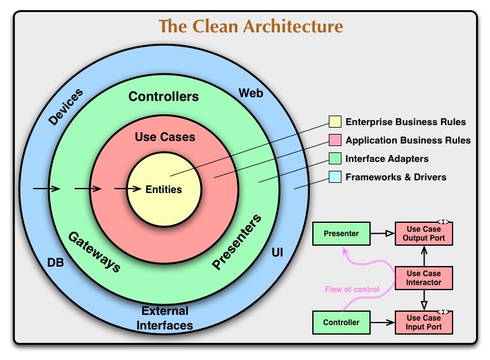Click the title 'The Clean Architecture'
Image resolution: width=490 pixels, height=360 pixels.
pos(251,27)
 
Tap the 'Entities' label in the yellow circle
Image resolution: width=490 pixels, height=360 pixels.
pos(164,189)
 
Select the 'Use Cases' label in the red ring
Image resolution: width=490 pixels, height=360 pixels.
pos(165,137)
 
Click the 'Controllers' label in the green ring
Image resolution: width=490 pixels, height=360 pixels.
pos(164,97)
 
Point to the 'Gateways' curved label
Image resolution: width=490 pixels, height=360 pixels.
pos(94,251)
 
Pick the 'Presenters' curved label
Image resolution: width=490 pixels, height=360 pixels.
pos(236,243)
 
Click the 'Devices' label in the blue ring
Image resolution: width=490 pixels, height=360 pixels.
pos(65,107)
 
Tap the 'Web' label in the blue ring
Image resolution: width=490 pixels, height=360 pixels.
pos(251,94)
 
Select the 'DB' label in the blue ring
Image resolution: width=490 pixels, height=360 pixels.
pos(56,261)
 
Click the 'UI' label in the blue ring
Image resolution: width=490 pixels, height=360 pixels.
pos(277,253)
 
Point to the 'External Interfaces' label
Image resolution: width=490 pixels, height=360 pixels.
pos(165,318)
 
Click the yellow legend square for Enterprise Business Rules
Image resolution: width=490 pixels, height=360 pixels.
pos(334,122)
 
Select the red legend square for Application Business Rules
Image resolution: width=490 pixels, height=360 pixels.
pos(334,140)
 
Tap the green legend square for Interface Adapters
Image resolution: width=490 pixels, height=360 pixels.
pos(334,159)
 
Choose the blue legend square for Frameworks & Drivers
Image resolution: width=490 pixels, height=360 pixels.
pos(334,177)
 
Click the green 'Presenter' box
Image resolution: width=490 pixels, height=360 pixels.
pos(341,234)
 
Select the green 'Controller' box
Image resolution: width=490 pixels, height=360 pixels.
pos(341,323)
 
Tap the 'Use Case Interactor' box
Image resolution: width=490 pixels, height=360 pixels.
pos(424,277)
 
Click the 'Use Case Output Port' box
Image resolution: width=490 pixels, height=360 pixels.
pos(424,234)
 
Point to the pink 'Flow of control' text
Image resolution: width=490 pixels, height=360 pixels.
pos(352,290)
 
